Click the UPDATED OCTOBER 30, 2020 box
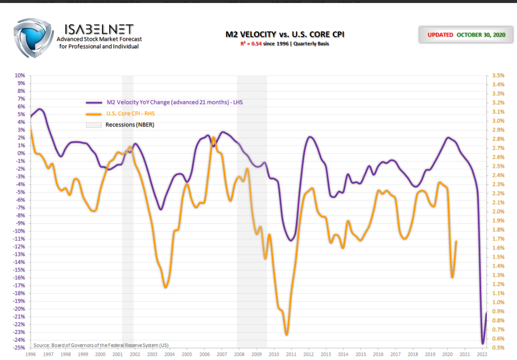tap(466, 35)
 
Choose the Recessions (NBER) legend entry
tap(130, 125)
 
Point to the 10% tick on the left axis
tap(20, 75)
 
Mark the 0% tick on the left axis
tap(21, 153)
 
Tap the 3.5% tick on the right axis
tap(498, 75)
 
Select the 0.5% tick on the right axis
tap(498, 347)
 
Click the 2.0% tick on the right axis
tap(498, 212)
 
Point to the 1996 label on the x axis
tap(31, 355)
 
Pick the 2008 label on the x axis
tap(239, 355)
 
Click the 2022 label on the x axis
tap(482, 355)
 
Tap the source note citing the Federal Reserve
tap(101, 345)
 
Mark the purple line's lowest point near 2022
tap(482, 344)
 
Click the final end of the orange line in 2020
tap(457, 241)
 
